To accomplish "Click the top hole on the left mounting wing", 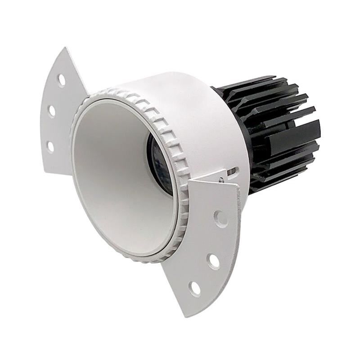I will coord(61,80).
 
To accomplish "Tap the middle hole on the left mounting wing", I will coord(52,110).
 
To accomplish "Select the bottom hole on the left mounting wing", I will coord(50,146).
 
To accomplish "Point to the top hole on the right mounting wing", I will coord(220,218).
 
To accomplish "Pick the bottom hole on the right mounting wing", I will coord(195,288).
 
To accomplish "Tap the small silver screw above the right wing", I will coord(220,180).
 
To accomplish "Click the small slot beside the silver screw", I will coord(233,172).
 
